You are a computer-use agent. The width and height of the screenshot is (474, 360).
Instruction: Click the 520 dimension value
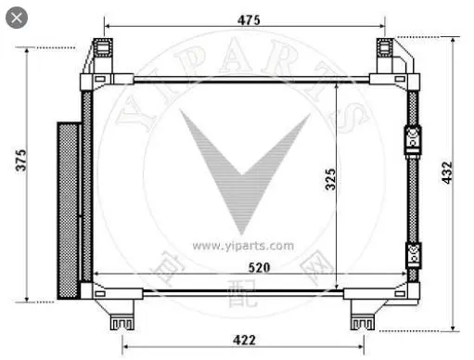246,266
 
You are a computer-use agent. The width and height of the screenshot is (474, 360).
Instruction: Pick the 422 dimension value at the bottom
243,340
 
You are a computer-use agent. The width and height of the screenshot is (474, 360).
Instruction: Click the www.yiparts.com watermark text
243,246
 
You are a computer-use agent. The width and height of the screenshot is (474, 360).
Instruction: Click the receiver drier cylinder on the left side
68,211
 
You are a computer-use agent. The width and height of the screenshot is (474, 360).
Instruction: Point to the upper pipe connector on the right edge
413,139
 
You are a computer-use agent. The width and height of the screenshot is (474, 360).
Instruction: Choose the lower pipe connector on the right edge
413,253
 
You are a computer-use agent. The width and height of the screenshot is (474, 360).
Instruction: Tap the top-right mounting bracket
387,56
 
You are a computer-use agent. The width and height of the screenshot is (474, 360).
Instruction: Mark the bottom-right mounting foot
362,319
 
